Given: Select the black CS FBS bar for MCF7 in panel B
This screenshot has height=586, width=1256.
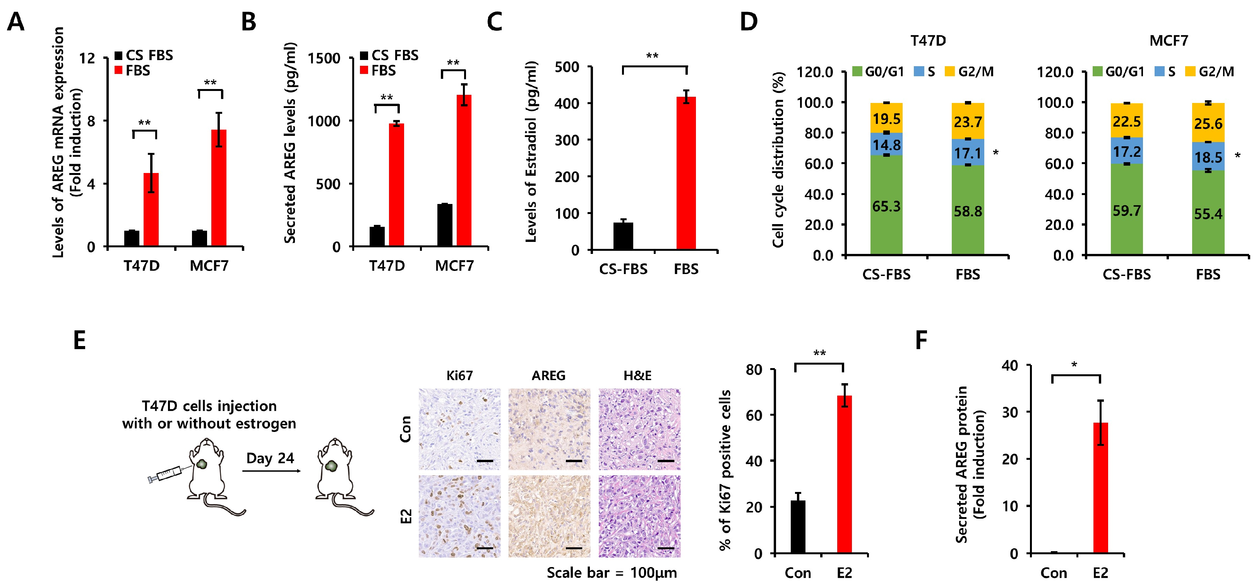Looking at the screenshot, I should [x=445, y=225].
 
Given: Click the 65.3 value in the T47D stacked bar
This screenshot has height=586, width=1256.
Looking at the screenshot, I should [x=886, y=207].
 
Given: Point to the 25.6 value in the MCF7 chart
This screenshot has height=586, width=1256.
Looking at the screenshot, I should [x=1208, y=124].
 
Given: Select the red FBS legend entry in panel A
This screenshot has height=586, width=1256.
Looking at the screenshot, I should [x=133, y=71].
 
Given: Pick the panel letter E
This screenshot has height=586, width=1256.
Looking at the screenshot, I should [x=79, y=340].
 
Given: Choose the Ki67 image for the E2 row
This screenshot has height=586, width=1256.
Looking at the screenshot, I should [x=459, y=516].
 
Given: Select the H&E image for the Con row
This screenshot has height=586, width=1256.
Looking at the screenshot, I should [x=639, y=429].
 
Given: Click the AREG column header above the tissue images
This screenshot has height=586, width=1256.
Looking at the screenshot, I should [x=548, y=375].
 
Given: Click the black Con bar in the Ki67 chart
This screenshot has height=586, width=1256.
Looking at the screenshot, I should [x=798, y=526].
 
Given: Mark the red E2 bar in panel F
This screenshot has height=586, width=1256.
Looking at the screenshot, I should [x=1100, y=488].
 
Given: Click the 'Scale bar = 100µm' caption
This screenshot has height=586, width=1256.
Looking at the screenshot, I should [x=612, y=573].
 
